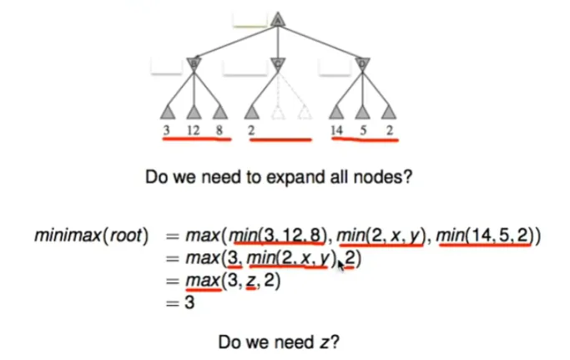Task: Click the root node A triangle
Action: pos(279,18)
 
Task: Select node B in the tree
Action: pos(194,63)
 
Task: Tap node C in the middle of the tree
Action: pos(279,63)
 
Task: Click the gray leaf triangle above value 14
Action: pos(337,110)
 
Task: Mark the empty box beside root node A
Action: pos(250,18)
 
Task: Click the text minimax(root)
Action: pos(91,236)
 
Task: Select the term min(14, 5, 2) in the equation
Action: pos(488,236)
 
